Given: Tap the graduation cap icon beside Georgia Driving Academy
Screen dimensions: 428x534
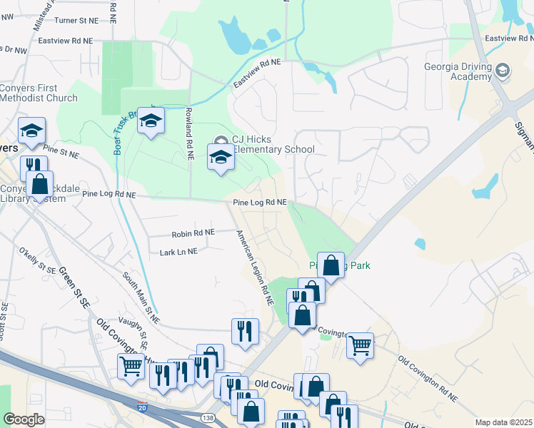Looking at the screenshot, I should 503,70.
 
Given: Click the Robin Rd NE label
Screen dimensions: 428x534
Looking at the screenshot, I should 193,233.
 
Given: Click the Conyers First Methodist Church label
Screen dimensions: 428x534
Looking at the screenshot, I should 39,92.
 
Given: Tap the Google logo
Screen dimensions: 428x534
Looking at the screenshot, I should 24,419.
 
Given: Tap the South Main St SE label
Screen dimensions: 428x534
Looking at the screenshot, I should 140,295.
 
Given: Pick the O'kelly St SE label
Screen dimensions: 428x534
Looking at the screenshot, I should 37,261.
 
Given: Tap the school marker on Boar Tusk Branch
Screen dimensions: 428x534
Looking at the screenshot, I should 151,122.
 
